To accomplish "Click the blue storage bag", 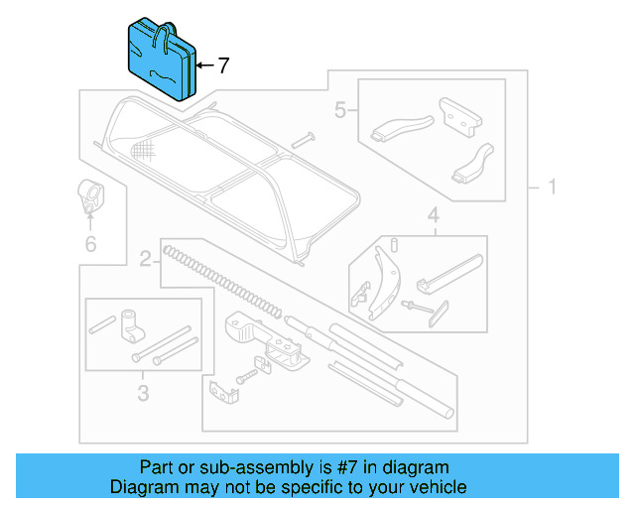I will coord(162,59).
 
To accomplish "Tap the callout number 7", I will coord(223,66).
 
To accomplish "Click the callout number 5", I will coord(340,111).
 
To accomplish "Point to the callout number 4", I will coord(434,215).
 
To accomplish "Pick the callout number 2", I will coord(145,260).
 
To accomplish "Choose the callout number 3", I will coord(142,394).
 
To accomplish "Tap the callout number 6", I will coord(90,242).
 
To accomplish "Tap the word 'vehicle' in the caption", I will coord(434,487).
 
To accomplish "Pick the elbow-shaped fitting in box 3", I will coord(131,324).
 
